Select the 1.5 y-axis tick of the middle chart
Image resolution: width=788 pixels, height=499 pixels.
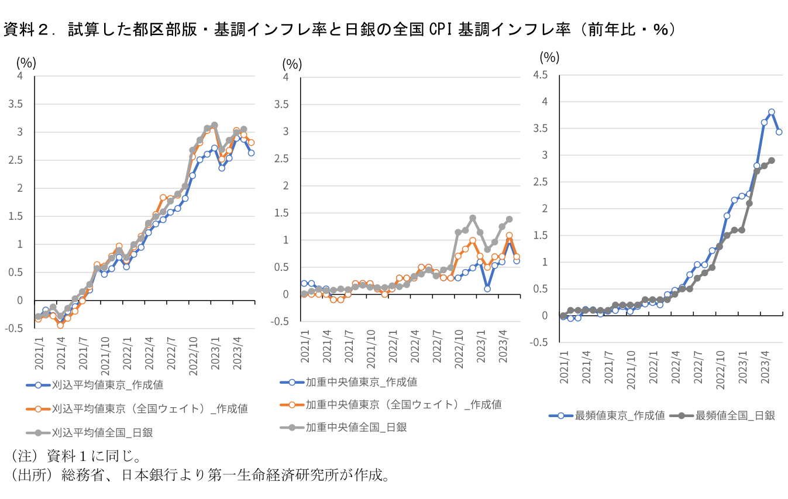point(281,213)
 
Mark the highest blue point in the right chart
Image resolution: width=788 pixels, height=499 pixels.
point(772,112)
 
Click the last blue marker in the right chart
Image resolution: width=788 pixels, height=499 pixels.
point(779,132)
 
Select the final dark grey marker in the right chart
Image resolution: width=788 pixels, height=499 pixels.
point(772,160)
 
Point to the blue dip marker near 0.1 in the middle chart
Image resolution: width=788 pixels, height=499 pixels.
point(487,288)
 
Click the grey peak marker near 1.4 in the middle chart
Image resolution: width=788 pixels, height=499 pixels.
point(472,218)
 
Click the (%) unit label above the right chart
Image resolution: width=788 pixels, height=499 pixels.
point(549,57)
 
